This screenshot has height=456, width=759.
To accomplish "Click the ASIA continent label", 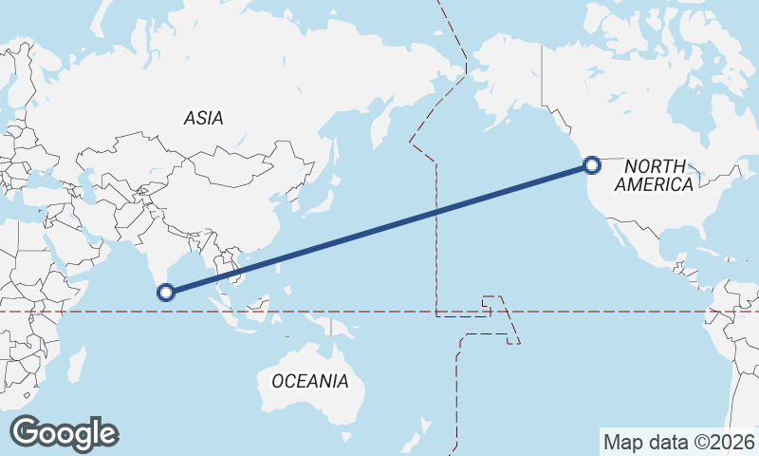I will (204, 119).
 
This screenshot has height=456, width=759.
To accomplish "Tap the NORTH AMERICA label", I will (654, 176).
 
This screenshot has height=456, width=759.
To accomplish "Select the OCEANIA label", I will (309, 382).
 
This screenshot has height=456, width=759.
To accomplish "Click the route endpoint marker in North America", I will (592, 165).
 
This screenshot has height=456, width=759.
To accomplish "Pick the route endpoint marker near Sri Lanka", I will (166, 292).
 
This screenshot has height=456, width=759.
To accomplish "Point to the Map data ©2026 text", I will (679, 442).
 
